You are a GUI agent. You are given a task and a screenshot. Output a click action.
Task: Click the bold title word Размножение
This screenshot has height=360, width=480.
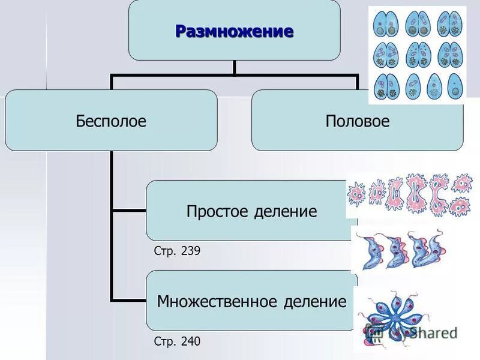tap(234, 31)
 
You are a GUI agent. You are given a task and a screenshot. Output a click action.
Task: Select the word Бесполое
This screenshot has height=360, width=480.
tap(111, 121)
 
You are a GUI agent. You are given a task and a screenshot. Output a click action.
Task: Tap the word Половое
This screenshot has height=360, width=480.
tap(357, 121)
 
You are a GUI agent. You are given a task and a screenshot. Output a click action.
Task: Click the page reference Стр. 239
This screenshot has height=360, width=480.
tap(177, 251)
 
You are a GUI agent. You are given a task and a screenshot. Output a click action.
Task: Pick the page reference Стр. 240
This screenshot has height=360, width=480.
tap(177, 341)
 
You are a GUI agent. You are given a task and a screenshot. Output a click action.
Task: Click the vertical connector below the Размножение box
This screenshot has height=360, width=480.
tap(234, 67)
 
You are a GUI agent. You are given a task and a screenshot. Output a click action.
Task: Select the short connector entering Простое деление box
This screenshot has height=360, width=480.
tap(129, 211)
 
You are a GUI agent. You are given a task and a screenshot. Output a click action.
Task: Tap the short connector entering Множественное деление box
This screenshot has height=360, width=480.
tap(129, 299)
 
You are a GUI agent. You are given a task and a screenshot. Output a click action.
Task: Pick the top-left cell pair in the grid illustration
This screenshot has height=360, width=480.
tap(385, 24)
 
